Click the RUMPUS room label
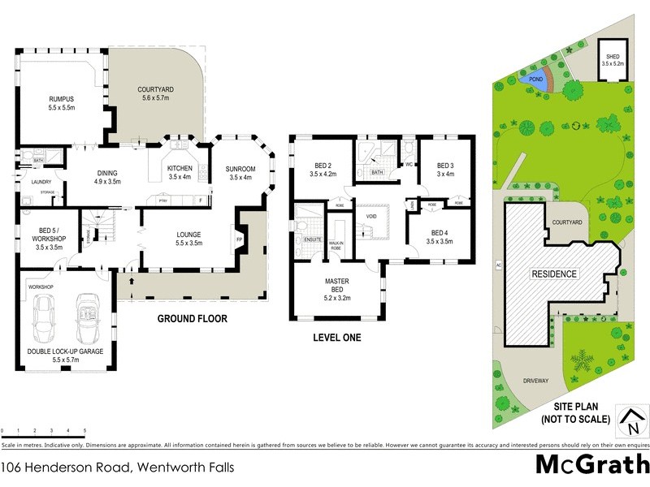pos(62,99)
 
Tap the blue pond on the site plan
pos(535,80)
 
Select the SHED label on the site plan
pos(613,57)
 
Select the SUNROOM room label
pos(240,168)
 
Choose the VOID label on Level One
pos(371,218)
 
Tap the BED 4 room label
pos(441,232)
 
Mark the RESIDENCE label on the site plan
pos(555,274)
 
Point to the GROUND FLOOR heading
pos(193,319)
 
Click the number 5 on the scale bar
pos(85,430)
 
